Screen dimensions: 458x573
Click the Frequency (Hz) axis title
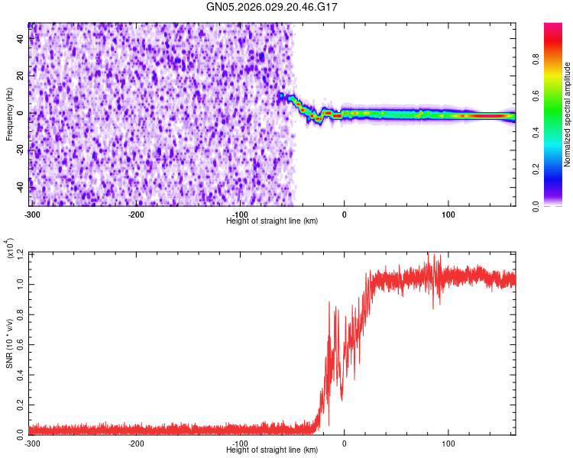point(9,113)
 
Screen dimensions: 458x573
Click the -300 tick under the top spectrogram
point(31,214)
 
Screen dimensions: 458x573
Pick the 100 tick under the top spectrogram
point(448,214)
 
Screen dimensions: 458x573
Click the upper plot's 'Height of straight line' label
point(272,221)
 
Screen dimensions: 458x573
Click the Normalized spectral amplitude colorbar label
point(568,114)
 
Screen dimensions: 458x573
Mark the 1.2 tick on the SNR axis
point(21,252)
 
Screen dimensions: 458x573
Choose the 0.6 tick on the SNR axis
point(21,343)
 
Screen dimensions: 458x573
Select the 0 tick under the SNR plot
point(344,443)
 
